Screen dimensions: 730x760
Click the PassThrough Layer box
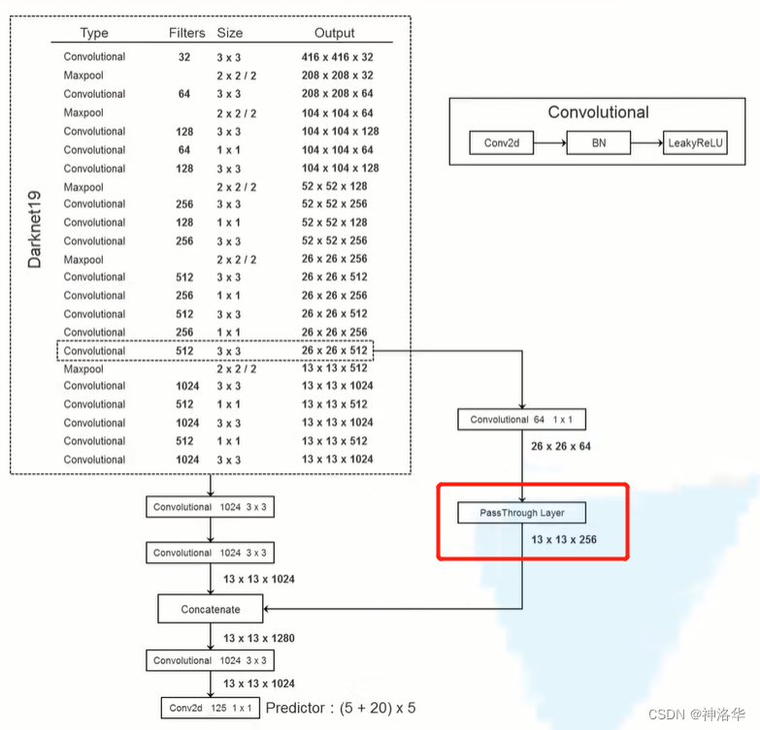[x=522, y=512]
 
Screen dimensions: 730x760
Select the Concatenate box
[x=210, y=609]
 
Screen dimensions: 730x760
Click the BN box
[x=598, y=143]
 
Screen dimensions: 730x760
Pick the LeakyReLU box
[x=695, y=143]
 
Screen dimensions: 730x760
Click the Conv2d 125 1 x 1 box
[x=210, y=708]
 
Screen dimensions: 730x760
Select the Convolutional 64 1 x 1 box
[x=522, y=420]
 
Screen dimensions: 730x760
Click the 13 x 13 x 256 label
[x=564, y=539]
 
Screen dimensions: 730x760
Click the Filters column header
[x=186, y=33]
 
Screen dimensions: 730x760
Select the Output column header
[x=334, y=33]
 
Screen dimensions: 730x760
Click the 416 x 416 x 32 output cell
[x=337, y=57]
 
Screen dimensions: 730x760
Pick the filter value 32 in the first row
[x=184, y=57]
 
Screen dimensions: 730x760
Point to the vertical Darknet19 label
[x=36, y=229]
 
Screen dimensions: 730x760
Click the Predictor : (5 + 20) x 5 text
[x=340, y=708]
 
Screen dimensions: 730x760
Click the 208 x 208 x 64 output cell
[x=337, y=94]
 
